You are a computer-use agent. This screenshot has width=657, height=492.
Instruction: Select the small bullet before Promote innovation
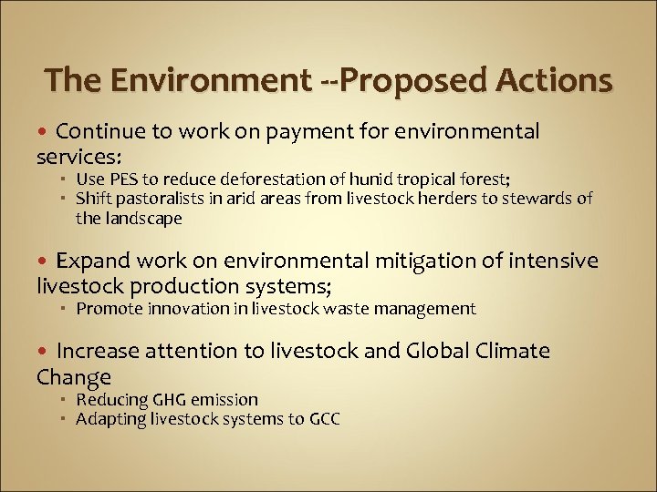[x=67, y=310]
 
